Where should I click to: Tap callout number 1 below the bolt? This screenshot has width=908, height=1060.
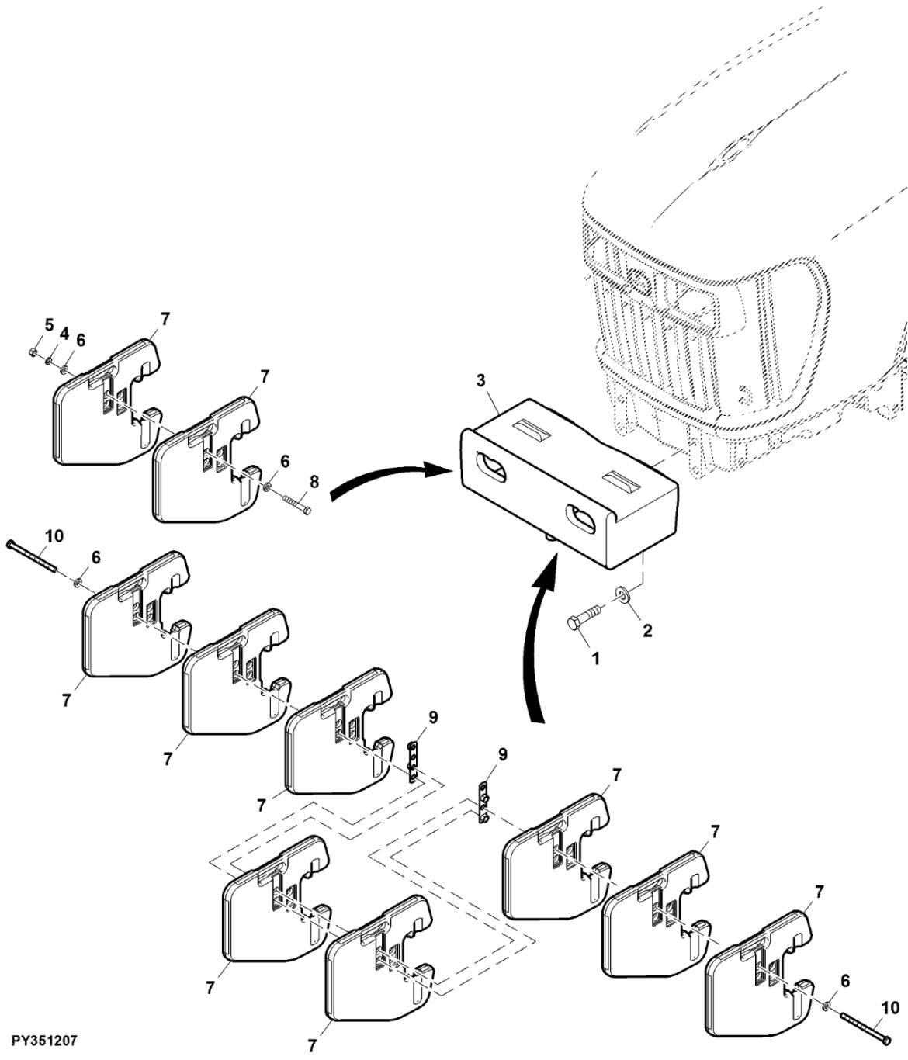[595, 659]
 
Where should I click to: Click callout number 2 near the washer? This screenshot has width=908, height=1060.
[647, 631]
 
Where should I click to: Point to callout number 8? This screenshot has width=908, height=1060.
[314, 482]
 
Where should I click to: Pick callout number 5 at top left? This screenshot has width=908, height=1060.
[49, 324]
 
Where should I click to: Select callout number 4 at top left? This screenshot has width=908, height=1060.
[64, 334]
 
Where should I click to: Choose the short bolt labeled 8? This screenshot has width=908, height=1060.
[297, 504]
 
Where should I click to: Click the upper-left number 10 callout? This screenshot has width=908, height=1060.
[54, 536]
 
